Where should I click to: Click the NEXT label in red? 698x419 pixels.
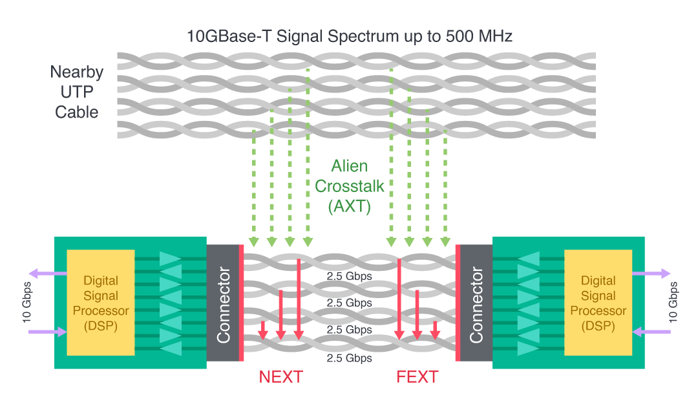click(280, 377)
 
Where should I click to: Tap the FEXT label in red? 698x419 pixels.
click(417, 377)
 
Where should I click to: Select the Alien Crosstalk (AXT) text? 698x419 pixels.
click(348, 187)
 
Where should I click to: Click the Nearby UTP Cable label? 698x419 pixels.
click(77, 92)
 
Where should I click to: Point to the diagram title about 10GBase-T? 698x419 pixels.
click(349, 36)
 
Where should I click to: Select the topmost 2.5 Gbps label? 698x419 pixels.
click(349, 277)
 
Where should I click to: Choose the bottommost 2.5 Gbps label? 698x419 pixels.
click(349, 358)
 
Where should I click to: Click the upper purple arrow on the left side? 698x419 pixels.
click(48, 274)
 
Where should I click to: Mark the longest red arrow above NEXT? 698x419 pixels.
click(299, 297)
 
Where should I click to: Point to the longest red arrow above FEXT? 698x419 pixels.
click(399, 297)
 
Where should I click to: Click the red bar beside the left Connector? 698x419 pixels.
click(241, 303)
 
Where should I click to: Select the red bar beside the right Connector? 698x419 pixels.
click(458, 303)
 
